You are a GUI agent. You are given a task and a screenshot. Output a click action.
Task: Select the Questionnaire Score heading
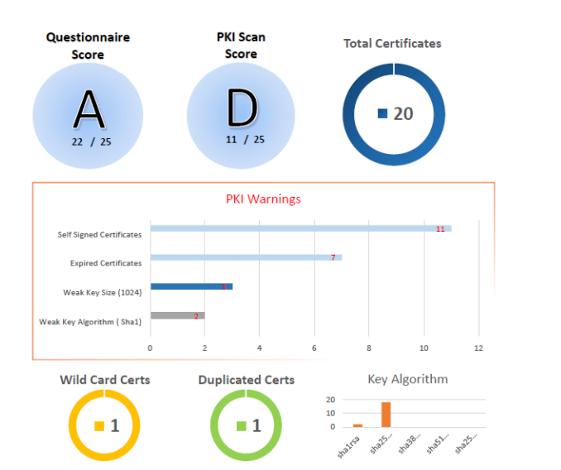click(88, 46)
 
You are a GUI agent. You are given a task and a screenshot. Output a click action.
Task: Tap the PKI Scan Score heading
click(241, 46)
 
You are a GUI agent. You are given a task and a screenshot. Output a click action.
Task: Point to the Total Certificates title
click(392, 43)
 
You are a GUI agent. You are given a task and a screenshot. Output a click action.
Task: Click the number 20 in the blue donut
click(403, 113)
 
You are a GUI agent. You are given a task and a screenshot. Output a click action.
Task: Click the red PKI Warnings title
click(263, 199)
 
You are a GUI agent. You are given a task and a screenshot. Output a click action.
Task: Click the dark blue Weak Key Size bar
click(191, 286)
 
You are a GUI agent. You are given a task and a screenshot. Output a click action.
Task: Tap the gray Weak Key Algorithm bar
click(177, 315)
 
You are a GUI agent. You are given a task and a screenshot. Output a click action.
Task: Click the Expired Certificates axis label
click(106, 263)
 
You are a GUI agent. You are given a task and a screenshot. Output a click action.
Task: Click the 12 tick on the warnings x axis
click(478, 348)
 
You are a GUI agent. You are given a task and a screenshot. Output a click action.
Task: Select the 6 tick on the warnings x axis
click(314, 348)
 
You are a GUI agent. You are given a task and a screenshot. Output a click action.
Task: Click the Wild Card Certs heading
click(105, 380)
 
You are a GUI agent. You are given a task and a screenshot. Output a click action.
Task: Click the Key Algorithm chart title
click(408, 379)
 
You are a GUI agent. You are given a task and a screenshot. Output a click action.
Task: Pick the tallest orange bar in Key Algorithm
click(386, 414)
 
